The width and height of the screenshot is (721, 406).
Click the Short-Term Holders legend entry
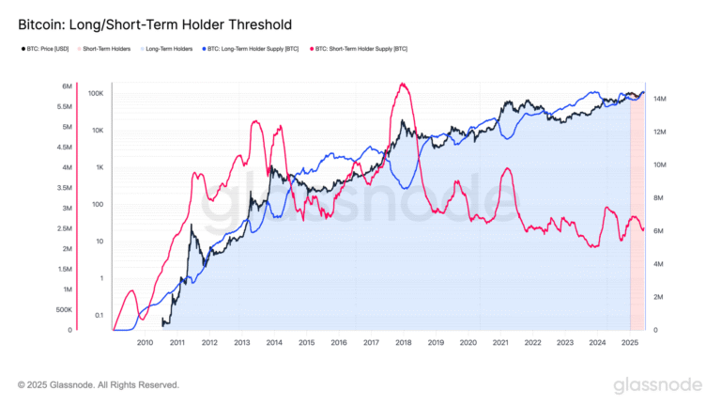point(106,48)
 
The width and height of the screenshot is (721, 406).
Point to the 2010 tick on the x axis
point(145,343)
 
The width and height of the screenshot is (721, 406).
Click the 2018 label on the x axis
point(403,343)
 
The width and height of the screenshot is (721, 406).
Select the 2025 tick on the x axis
point(629,343)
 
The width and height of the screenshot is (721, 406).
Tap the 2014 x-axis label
point(274,343)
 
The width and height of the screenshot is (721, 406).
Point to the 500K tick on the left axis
point(64,310)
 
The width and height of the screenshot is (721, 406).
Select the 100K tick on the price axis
point(95,94)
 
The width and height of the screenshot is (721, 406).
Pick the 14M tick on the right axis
point(660,98)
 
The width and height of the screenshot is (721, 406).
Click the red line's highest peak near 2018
point(403,85)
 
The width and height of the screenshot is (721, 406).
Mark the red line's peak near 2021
point(507,169)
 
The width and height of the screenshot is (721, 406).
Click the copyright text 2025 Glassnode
point(99,384)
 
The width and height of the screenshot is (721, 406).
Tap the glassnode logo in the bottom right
point(657,385)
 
